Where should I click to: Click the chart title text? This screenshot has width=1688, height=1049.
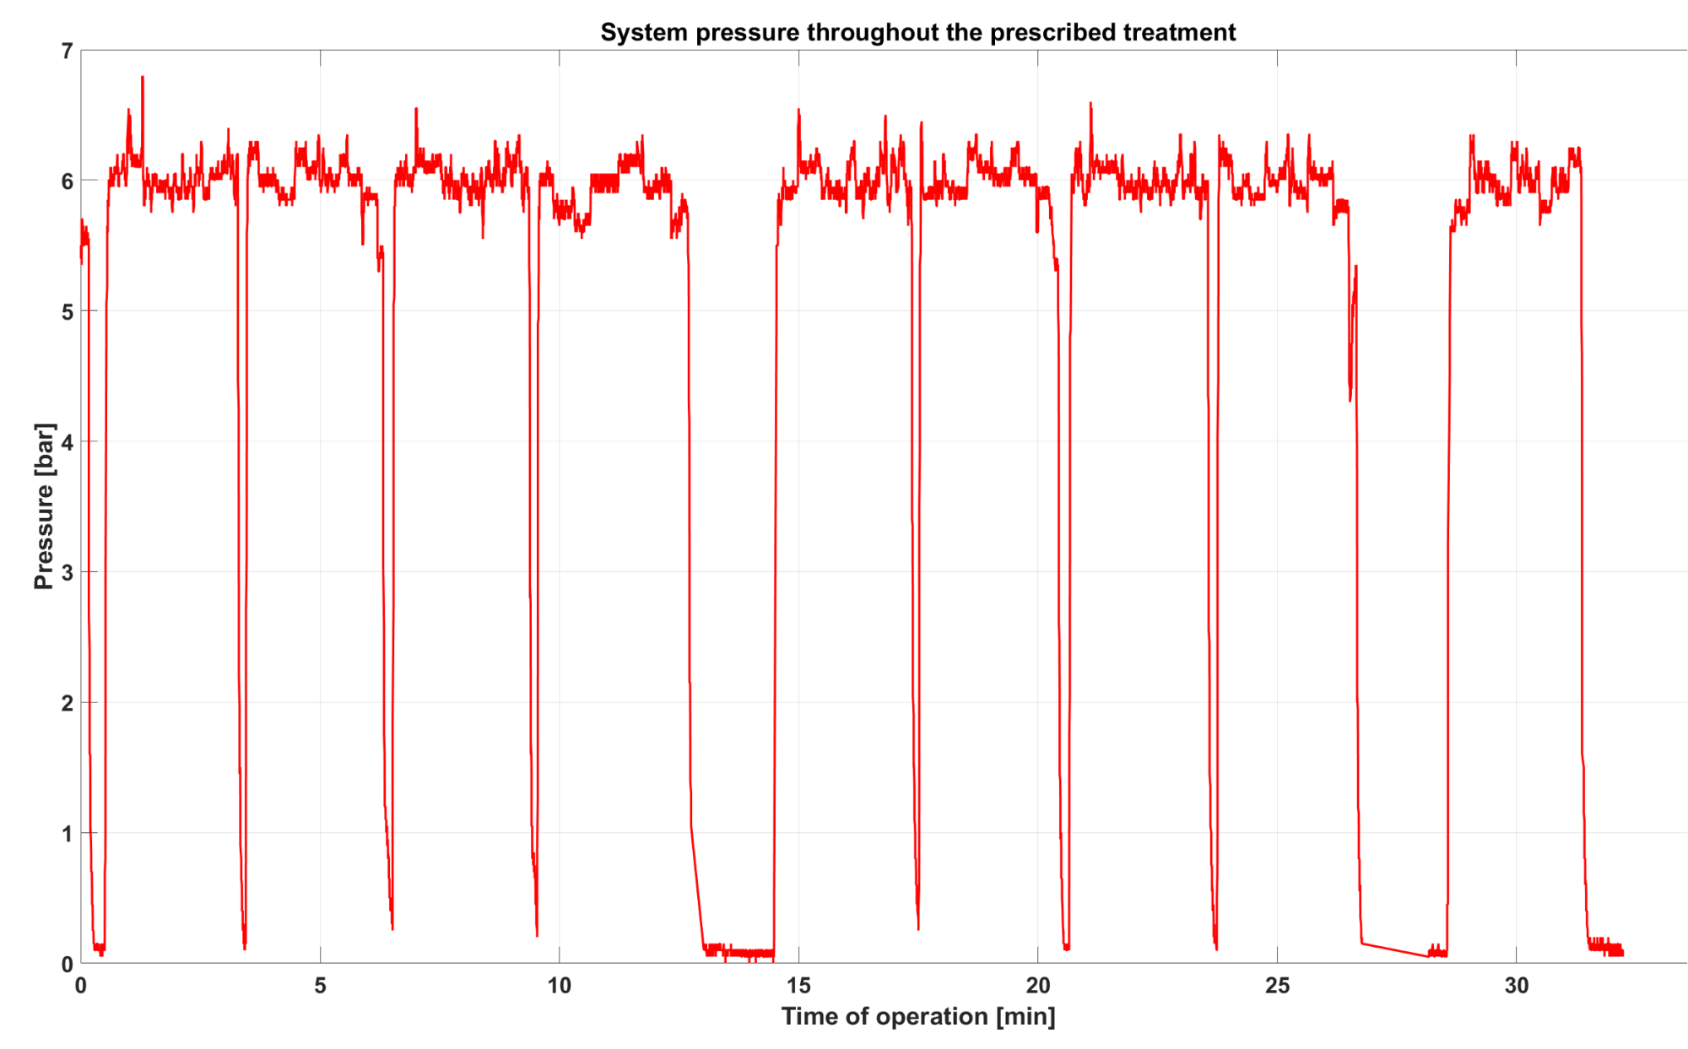tap(917, 32)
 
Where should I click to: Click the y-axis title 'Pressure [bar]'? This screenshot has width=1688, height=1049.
tap(44, 506)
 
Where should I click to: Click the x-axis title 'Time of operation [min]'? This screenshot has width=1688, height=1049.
tap(917, 1016)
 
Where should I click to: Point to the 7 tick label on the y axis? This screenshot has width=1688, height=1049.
tap(67, 51)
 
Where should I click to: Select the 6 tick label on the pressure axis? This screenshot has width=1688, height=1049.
tap(67, 181)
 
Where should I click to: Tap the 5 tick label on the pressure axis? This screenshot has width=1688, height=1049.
tap(67, 312)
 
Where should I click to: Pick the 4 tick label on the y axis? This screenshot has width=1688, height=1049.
tap(67, 442)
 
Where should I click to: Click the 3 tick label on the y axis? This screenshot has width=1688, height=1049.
tap(67, 573)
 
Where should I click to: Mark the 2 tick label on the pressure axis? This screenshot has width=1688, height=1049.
tap(67, 703)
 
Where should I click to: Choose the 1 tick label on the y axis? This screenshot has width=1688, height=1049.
tap(67, 834)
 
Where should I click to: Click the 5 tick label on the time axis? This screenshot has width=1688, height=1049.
tap(320, 986)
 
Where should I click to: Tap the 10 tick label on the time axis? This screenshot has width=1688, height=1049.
tap(559, 986)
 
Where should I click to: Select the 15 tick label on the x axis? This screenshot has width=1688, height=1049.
tap(798, 986)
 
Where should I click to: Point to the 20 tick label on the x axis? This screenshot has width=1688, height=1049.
tap(1037, 986)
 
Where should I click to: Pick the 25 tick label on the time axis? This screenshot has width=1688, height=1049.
tap(1277, 986)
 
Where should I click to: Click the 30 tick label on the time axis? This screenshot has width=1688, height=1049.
tap(1516, 986)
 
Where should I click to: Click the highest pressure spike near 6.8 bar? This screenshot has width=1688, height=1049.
tap(143, 78)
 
